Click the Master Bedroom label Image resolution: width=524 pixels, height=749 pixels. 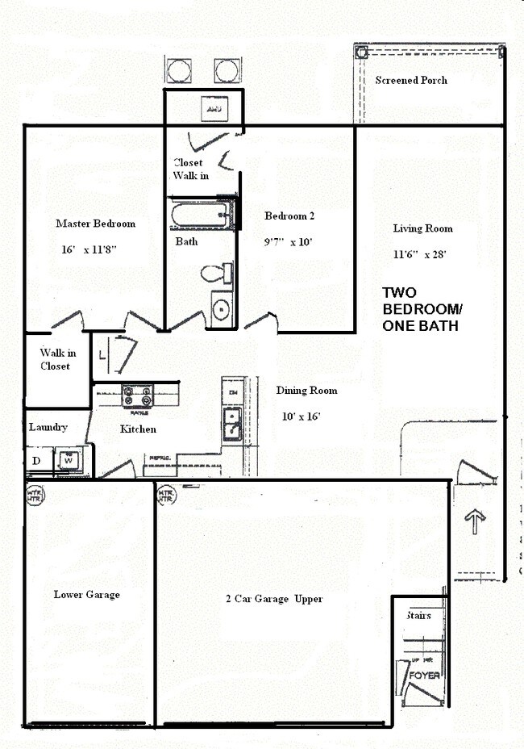(x=95, y=224)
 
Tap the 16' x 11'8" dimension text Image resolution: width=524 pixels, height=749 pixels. (x=89, y=250)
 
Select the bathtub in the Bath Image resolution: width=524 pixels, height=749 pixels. (x=200, y=215)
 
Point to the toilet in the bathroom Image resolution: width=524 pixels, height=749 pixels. (x=215, y=274)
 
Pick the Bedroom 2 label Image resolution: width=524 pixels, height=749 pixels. (x=289, y=215)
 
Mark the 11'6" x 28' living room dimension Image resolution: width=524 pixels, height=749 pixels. (x=419, y=254)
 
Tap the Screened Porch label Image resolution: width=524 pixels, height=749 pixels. (x=411, y=81)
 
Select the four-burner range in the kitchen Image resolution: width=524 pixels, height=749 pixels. (x=137, y=396)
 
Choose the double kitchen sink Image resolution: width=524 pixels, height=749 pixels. (x=232, y=423)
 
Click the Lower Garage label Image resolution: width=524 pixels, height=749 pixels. (x=86, y=595)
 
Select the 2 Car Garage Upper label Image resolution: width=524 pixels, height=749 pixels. (x=274, y=599)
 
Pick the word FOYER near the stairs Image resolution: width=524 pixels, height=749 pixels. (x=424, y=675)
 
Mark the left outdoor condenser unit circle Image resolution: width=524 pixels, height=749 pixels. (x=179, y=71)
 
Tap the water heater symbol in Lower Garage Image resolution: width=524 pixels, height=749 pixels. (x=35, y=493)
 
